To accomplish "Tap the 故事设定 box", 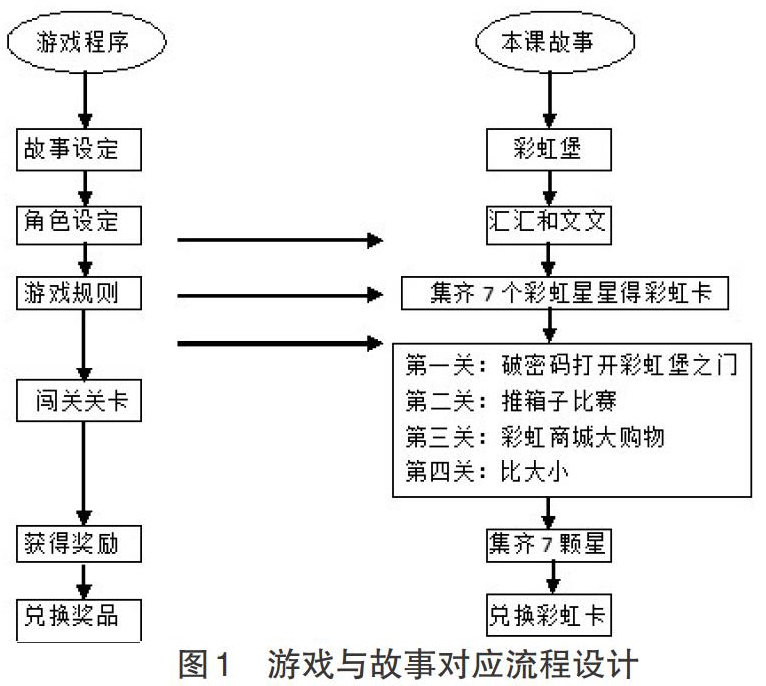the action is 79,150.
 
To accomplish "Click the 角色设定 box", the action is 79,225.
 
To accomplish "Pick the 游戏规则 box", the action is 79,293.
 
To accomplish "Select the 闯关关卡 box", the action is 79,400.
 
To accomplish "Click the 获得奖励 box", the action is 79,544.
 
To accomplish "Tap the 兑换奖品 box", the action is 79,621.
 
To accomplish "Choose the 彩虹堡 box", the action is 549,150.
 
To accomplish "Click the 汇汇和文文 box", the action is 549,225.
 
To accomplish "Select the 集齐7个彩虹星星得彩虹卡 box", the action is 565,293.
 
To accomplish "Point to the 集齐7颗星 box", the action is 549,545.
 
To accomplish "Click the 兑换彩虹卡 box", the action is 549,615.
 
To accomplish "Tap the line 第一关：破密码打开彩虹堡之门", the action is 571,365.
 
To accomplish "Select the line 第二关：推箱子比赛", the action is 511,401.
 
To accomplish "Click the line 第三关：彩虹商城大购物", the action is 534,437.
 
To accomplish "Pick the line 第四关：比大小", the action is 487,472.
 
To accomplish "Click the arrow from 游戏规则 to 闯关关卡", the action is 84,345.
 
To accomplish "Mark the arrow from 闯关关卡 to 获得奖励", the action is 84,474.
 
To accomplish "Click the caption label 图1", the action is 204,665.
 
